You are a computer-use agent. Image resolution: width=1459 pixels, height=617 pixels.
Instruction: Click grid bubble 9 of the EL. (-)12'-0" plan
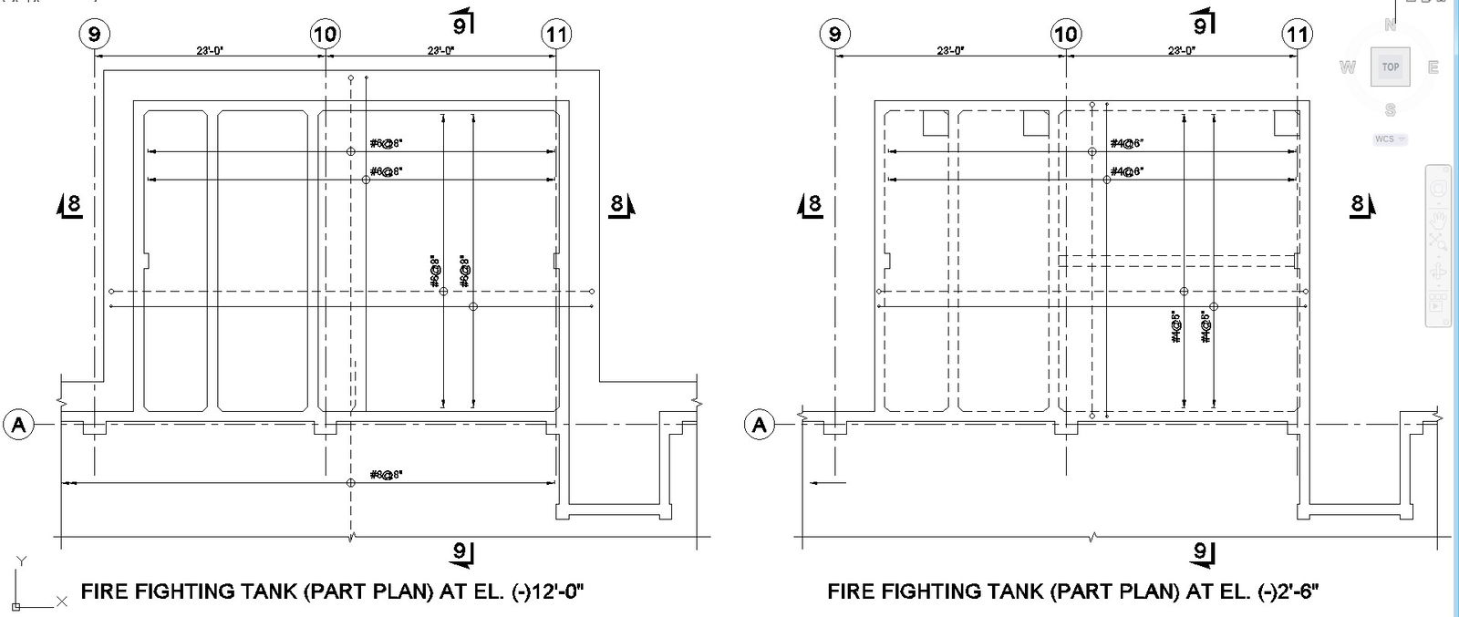(x=94, y=35)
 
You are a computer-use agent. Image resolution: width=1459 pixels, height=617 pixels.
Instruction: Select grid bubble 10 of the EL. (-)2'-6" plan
(x=1065, y=35)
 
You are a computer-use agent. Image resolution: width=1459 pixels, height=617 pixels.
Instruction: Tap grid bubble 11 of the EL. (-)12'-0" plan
(x=556, y=35)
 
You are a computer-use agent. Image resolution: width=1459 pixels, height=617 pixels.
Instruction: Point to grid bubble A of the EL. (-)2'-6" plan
(x=761, y=425)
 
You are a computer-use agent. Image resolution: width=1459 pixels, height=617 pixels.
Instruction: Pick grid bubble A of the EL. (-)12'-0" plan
(x=19, y=425)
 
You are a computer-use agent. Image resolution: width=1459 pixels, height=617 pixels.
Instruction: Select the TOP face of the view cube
(x=1390, y=67)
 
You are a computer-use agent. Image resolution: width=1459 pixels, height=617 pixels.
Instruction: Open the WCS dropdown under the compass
(x=1390, y=139)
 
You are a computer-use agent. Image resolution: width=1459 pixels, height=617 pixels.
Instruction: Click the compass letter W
(x=1347, y=67)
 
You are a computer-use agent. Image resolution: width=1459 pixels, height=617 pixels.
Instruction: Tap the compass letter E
(x=1433, y=67)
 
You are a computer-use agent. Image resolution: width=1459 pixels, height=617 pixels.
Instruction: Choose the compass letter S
(x=1390, y=110)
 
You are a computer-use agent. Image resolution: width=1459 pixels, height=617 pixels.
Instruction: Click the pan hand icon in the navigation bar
(x=1439, y=219)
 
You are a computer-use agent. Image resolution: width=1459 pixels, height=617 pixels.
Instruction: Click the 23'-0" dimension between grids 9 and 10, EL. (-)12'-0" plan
(x=209, y=50)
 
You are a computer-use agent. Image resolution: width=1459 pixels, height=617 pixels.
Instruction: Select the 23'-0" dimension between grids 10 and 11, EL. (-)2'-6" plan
(x=1182, y=50)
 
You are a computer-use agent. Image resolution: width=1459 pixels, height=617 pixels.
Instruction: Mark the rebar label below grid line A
(x=387, y=474)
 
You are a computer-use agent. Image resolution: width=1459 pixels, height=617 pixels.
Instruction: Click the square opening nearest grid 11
(x=1286, y=122)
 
